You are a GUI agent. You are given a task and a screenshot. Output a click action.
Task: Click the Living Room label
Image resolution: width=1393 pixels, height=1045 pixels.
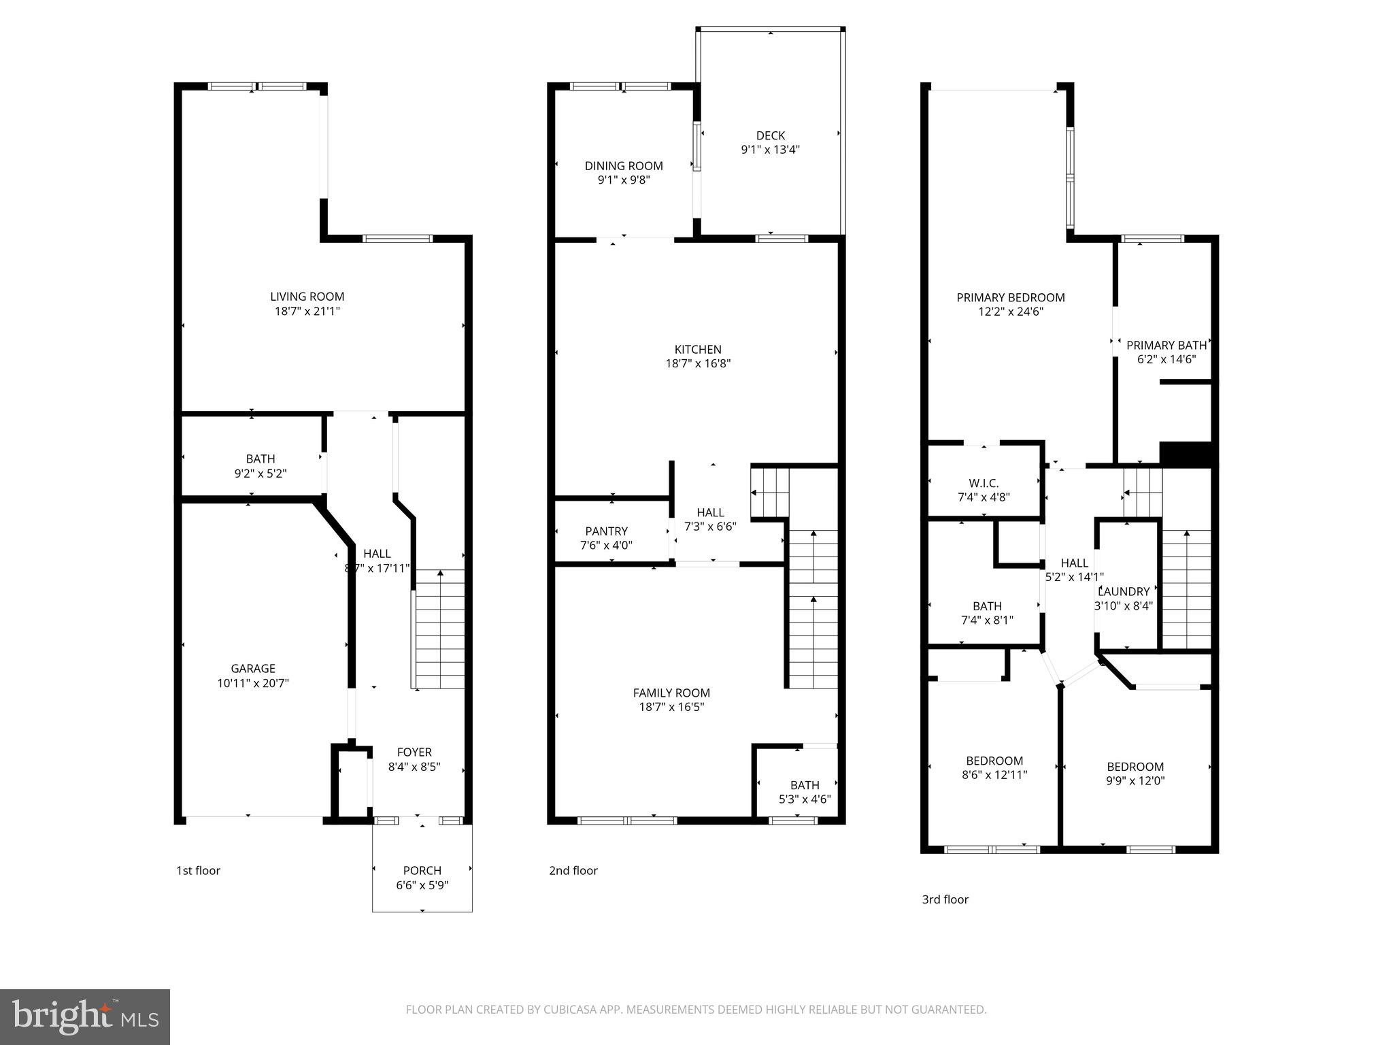(x=307, y=297)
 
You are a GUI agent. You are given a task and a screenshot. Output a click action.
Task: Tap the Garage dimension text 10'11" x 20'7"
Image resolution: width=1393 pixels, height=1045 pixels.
(x=253, y=683)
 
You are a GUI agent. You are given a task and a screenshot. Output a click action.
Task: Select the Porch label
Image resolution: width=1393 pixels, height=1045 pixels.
(x=422, y=870)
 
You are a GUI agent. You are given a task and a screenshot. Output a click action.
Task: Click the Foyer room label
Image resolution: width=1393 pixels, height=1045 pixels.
(x=414, y=752)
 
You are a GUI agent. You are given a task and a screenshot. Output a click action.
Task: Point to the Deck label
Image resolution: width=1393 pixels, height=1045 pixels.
(x=770, y=135)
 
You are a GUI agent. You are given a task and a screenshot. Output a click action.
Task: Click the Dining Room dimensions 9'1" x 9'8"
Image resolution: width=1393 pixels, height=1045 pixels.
(x=623, y=180)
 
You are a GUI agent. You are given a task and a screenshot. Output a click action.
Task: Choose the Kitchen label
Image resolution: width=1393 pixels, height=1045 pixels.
(x=698, y=349)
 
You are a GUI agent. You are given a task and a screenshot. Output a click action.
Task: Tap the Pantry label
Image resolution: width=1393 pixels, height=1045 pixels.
(x=606, y=531)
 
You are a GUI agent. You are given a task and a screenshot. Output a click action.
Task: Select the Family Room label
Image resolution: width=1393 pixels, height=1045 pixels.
(x=671, y=693)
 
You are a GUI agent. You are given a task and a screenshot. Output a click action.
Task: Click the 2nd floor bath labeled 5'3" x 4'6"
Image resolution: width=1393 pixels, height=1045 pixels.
(x=804, y=793)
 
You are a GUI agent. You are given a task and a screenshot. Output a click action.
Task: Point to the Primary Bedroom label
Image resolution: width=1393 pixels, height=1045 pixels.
(x=1010, y=297)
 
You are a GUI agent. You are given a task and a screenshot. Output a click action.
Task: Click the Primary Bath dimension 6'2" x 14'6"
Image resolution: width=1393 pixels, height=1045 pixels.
(x=1166, y=359)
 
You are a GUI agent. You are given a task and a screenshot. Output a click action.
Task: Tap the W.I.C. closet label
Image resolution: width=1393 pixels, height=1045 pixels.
(x=983, y=483)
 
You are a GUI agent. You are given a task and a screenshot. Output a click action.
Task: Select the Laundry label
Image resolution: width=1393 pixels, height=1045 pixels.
(x=1124, y=591)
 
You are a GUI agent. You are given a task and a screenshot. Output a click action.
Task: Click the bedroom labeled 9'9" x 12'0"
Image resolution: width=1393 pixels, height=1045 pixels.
(x=1135, y=774)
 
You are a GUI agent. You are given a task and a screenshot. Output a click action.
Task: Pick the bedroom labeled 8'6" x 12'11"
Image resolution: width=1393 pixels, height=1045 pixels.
(x=994, y=767)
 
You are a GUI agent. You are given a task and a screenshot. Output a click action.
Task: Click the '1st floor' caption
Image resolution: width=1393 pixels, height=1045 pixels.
(x=198, y=870)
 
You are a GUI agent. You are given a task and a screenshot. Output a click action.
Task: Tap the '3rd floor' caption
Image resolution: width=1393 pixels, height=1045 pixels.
(x=945, y=899)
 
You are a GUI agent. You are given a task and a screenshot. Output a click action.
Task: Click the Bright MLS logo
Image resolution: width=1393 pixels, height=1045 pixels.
(x=85, y=1016)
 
